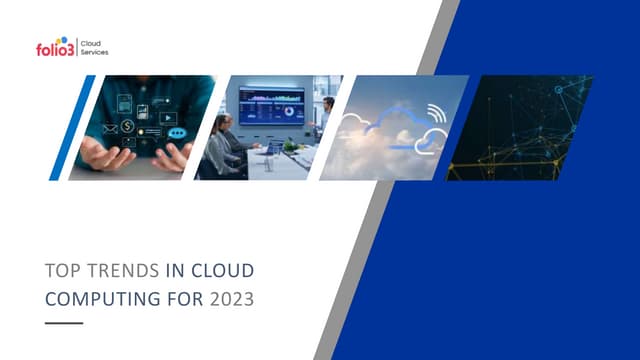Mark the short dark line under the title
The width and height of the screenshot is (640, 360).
65,323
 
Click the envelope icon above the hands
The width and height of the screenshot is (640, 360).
128,127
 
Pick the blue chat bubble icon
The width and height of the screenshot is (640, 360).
177,131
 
